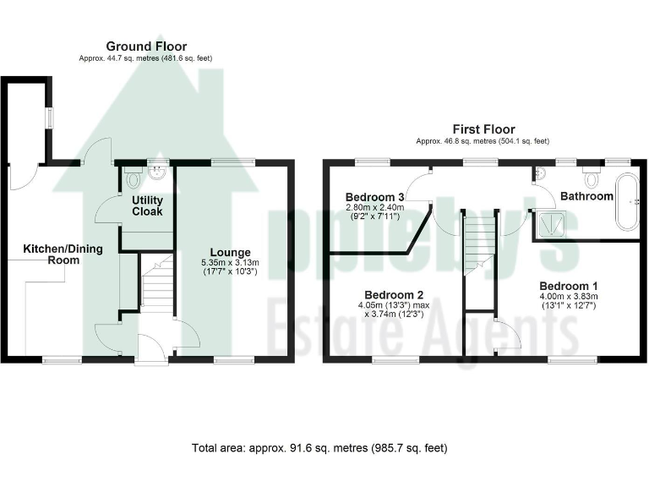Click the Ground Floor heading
(x=146, y=46)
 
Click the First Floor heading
(x=483, y=129)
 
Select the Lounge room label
(x=230, y=252)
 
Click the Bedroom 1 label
(x=568, y=284)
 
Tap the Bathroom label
(x=587, y=196)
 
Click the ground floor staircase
(x=156, y=287)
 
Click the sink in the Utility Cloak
(x=157, y=175)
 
